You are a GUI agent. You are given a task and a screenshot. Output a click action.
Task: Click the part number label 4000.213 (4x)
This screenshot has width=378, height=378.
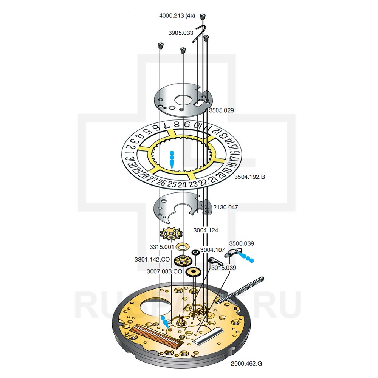click(x=177, y=16)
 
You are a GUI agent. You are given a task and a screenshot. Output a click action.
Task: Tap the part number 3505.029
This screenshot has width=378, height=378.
click(x=222, y=110)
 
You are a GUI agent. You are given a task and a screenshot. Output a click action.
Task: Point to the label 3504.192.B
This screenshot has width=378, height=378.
click(x=250, y=177)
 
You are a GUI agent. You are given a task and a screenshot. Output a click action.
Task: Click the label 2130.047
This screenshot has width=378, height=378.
click(x=226, y=208)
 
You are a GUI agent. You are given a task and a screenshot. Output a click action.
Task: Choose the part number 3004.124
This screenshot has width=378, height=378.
click(x=206, y=230)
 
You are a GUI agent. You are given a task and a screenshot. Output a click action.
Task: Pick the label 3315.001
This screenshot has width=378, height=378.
click(x=161, y=247)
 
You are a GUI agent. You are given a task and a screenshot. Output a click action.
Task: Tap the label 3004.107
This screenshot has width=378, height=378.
click(x=212, y=250)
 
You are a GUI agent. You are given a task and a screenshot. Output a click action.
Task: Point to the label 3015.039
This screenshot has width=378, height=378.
click(x=223, y=268)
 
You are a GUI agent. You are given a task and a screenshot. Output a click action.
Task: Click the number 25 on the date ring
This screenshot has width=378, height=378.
click(x=172, y=184)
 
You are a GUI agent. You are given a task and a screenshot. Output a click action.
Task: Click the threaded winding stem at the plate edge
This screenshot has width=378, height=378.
click(x=242, y=289)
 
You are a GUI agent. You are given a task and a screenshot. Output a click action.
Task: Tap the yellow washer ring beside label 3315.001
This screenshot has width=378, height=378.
click(x=183, y=246)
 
